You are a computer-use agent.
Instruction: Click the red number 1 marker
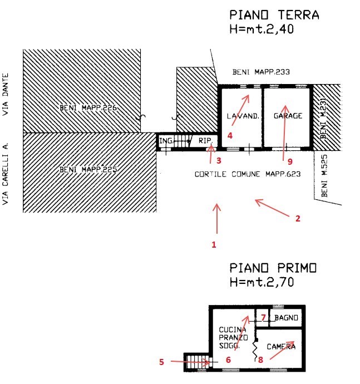point(214,244)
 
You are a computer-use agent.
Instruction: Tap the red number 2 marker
point(298,219)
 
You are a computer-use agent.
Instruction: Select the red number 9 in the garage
point(290,163)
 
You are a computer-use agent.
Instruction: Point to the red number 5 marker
point(161,362)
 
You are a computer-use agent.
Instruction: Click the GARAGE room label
point(288,116)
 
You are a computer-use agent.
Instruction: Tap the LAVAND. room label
point(240,116)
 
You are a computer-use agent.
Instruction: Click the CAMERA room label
point(281,346)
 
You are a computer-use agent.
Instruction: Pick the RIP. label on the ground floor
point(204,141)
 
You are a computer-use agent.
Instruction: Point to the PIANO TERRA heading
point(274,15)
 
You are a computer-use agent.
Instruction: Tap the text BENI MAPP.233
point(262,72)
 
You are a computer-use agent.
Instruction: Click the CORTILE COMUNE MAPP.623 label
point(248,174)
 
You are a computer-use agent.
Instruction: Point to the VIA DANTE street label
point(7,95)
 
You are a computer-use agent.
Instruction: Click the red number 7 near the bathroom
point(263,317)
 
